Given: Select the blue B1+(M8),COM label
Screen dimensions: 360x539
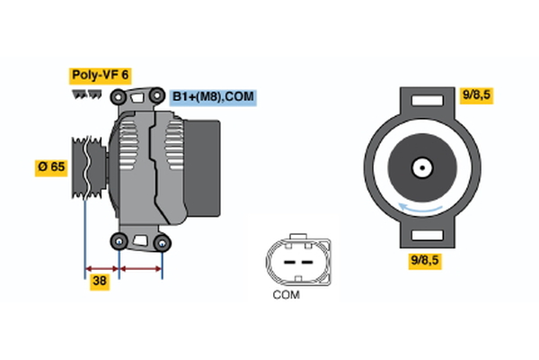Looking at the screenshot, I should coord(214,94).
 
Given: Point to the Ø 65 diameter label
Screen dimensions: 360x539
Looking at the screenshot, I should coord(49,166).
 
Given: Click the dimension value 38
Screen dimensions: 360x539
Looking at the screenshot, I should coord(100,281).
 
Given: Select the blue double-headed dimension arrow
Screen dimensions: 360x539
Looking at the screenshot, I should coord(102,267).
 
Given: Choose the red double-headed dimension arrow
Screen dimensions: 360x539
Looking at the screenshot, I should coord(140,267).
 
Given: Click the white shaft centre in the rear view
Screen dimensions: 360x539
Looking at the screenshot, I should coord(420,167).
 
